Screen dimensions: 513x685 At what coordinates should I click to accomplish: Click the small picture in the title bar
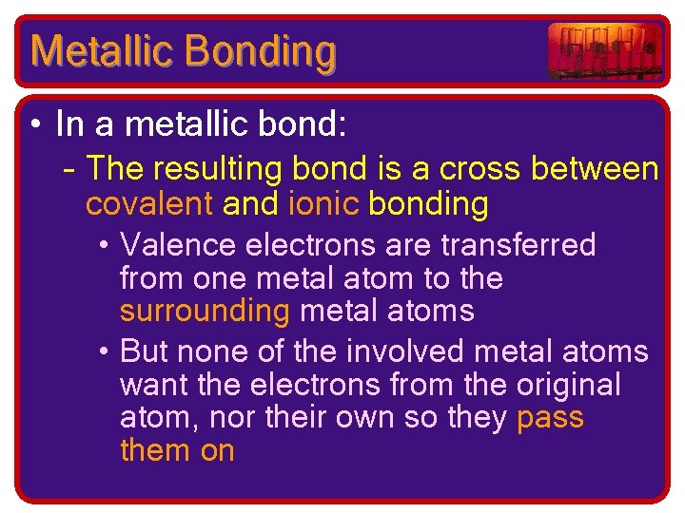click(x=604, y=50)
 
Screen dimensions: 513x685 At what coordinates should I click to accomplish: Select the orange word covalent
click(x=148, y=203)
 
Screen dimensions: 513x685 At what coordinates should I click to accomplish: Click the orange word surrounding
click(x=205, y=311)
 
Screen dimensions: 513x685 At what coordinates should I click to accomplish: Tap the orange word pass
click(x=550, y=418)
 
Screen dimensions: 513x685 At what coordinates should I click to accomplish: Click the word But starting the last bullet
click(x=145, y=351)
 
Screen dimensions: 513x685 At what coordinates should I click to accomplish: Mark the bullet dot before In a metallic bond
click(x=35, y=125)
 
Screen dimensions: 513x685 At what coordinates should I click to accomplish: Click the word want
click(x=153, y=385)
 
